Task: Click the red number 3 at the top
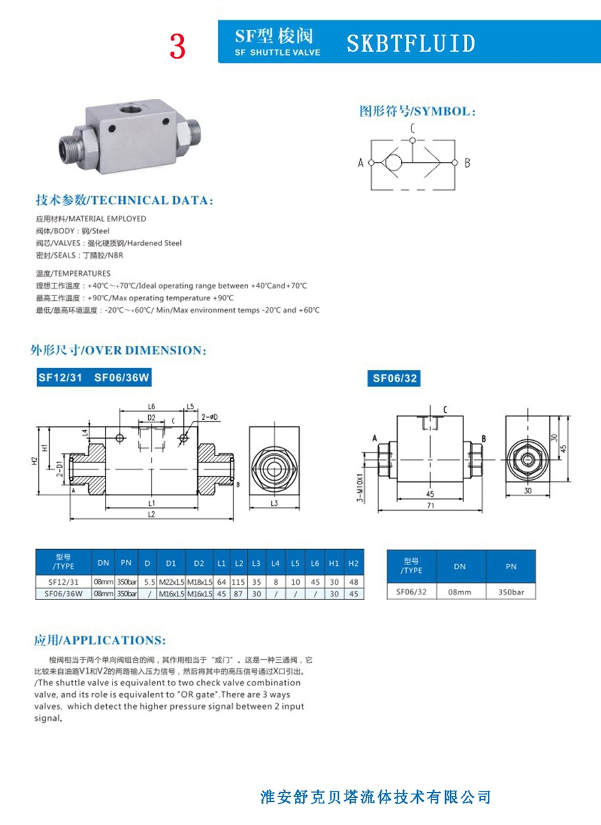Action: [x=178, y=46]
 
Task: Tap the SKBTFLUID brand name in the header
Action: [x=411, y=44]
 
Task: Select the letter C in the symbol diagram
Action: [x=412, y=128]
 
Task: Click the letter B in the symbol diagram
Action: [x=467, y=163]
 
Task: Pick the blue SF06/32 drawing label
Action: [x=396, y=379]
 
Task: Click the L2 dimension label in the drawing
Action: [x=151, y=514]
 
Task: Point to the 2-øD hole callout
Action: [x=210, y=417]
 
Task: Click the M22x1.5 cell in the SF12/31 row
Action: [x=171, y=581]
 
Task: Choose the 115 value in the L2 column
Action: [x=238, y=581]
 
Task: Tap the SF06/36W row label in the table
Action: [x=64, y=594]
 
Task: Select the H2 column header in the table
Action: [x=354, y=562]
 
